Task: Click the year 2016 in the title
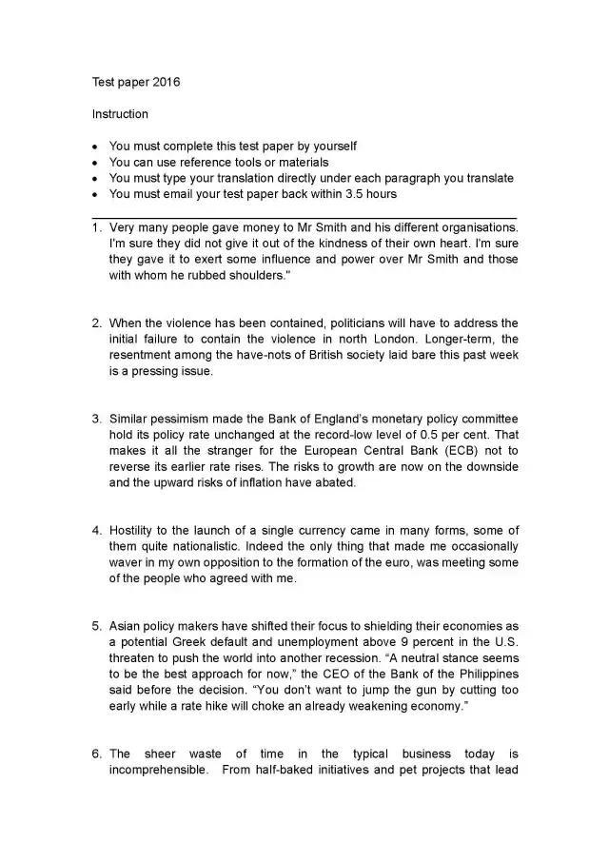(165, 82)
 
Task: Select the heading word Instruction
(120, 114)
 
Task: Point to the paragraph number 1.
(96, 227)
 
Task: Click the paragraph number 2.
(96, 323)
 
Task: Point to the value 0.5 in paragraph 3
(427, 435)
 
